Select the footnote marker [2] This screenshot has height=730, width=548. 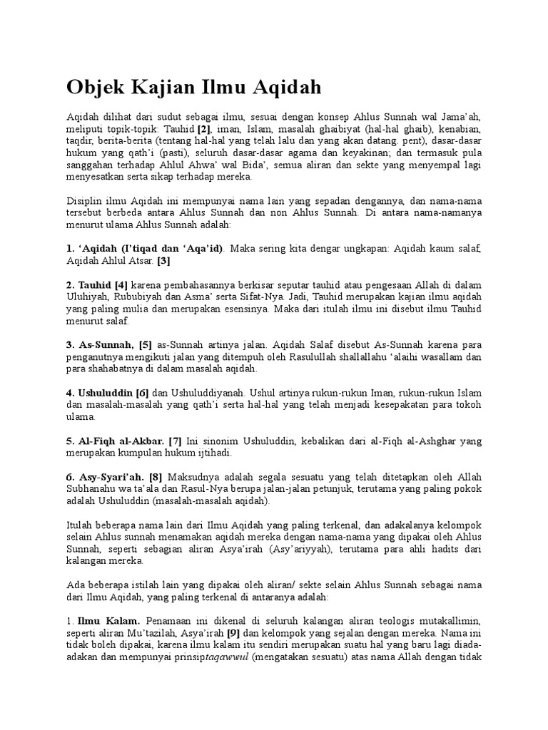(204, 130)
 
